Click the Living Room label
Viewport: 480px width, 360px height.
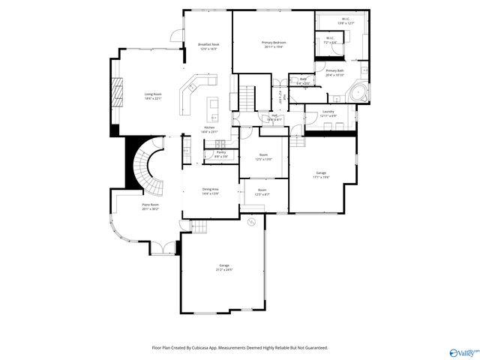coord(153,95)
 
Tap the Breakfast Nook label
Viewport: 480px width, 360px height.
coord(208,46)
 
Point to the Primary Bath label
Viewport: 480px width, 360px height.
coord(334,73)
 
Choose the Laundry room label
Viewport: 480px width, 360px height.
coord(328,114)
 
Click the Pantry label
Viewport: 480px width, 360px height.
coord(221,154)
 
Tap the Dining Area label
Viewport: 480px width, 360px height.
coord(210,190)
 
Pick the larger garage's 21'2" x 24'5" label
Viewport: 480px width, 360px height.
coord(223,267)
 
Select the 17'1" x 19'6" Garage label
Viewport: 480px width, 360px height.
coord(321,175)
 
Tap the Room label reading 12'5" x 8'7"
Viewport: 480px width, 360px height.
coord(262,192)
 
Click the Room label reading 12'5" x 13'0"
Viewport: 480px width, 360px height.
coord(263,157)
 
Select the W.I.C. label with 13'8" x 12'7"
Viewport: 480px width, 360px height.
coord(346,22)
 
